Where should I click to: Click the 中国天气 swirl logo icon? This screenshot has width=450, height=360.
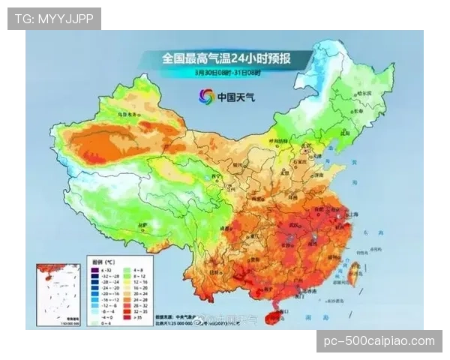tap(205, 96)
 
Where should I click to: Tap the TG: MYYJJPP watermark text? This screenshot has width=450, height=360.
tap(54, 18)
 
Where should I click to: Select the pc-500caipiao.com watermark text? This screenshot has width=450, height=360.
tap(379, 341)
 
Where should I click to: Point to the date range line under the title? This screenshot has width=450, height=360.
tap(225, 73)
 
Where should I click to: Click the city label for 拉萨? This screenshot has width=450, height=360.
tap(142, 224)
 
